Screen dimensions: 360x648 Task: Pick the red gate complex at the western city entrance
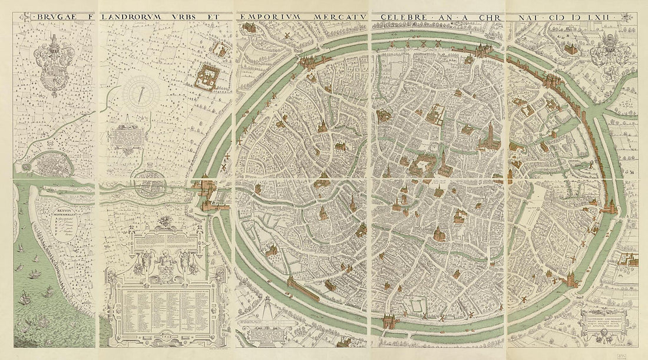pyautogui.click(x=210, y=194)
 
